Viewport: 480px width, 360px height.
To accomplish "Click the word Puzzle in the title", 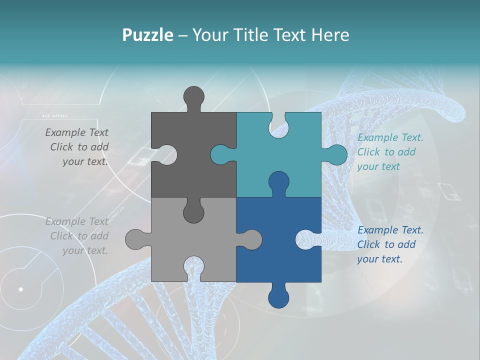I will (x=147, y=35).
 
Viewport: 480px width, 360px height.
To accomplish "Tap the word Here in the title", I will (x=330, y=35).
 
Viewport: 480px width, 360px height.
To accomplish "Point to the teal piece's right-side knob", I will (x=336, y=154).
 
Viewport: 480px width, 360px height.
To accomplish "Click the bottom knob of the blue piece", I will (x=278, y=297).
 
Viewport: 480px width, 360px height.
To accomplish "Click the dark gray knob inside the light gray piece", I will (x=193, y=212).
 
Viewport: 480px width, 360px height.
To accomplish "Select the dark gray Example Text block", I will (x=77, y=147).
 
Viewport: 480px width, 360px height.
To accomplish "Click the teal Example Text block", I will (x=390, y=152).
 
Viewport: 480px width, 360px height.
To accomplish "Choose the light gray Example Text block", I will (x=77, y=236).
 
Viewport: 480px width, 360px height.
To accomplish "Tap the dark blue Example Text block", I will (x=390, y=244).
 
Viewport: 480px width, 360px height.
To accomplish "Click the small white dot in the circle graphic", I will (x=20, y=289).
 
